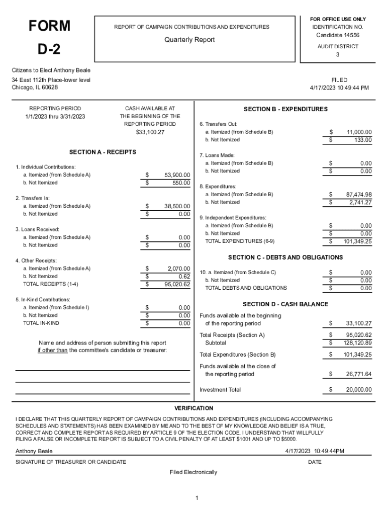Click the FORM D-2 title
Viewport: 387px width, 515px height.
pos(49,38)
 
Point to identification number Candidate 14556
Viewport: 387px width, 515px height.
pos(337,35)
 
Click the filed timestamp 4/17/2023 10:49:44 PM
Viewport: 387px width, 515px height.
pos(339,88)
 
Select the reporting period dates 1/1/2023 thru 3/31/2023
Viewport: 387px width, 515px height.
pos(55,117)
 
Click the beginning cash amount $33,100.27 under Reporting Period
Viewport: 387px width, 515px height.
pos(150,132)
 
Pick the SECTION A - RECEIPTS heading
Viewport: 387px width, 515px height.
pos(103,152)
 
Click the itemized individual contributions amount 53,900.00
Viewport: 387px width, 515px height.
pos(177,175)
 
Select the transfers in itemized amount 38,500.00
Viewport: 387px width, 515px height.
pos(177,206)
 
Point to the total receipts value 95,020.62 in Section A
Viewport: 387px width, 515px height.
pos(177,284)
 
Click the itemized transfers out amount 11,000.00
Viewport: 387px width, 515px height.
pos(359,132)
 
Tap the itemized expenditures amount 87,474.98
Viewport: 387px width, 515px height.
pos(359,194)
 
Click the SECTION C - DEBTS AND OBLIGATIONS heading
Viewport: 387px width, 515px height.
pos(285,257)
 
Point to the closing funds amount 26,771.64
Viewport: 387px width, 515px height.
pos(359,374)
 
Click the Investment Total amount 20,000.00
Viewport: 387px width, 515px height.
pos(359,390)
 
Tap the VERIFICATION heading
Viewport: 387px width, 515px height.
pos(193,408)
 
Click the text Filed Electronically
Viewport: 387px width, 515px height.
pos(193,472)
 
